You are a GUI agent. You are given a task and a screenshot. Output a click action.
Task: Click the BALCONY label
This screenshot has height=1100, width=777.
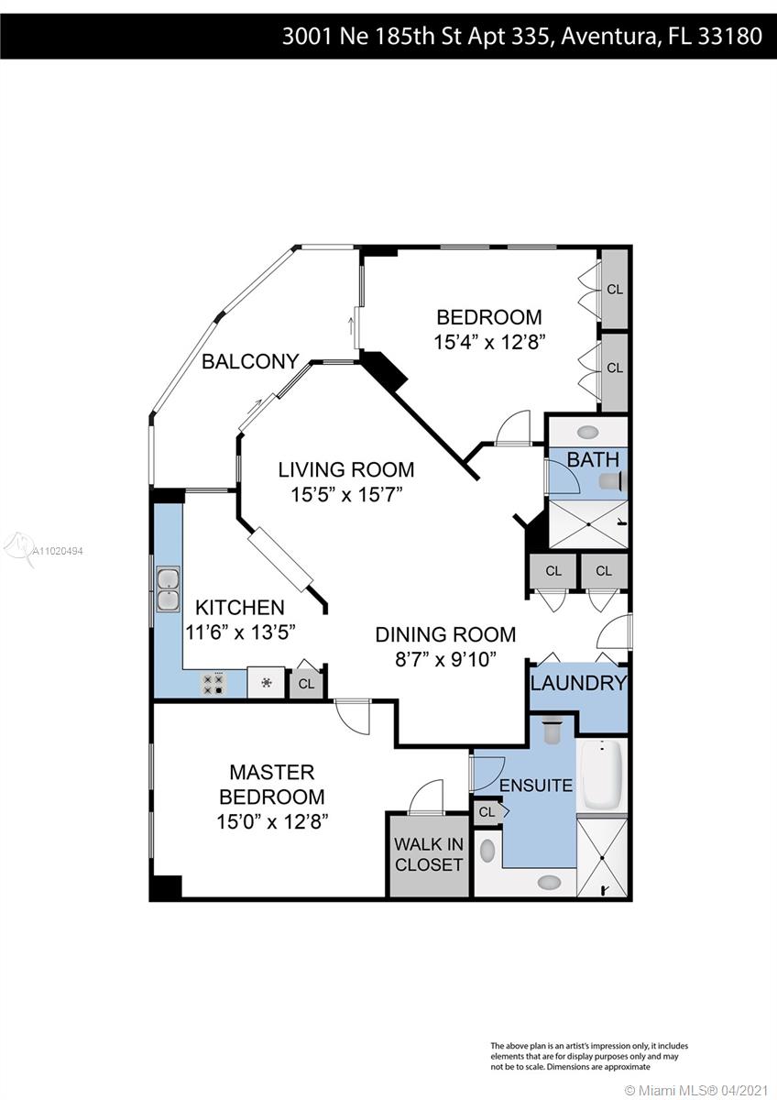(x=250, y=361)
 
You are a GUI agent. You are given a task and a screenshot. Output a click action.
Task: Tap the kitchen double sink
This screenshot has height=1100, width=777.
(x=168, y=588)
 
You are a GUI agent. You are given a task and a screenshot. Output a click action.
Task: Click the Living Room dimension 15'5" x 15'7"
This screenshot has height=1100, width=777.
(x=346, y=494)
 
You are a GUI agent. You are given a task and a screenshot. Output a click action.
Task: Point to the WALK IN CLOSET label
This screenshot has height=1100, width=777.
(x=429, y=854)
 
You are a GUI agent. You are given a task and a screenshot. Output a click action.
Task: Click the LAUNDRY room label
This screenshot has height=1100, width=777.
(x=579, y=683)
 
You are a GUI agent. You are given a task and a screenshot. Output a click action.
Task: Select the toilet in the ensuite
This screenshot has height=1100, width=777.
(x=553, y=731)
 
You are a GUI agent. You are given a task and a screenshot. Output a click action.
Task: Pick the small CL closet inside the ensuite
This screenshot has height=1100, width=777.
(x=487, y=812)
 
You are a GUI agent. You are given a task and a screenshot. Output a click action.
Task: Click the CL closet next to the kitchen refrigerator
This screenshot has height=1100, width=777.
(x=306, y=684)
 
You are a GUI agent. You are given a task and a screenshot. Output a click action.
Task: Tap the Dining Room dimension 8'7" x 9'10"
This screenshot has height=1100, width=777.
(x=445, y=659)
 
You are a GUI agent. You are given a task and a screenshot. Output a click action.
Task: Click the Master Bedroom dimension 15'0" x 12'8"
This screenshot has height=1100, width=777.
(x=272, y=821)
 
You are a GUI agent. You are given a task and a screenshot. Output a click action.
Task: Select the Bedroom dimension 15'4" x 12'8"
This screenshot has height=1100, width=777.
(x=489, y=342)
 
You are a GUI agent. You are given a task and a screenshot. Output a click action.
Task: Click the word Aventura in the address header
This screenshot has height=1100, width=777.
(x=608, y=37)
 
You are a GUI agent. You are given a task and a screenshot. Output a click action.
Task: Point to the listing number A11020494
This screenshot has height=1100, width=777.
(x=58, y=552)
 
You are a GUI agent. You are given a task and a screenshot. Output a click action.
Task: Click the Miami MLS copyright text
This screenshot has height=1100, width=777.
(x=696, y=1088)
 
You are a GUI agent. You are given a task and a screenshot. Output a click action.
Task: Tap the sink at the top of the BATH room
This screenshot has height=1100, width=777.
(x=587, y=433)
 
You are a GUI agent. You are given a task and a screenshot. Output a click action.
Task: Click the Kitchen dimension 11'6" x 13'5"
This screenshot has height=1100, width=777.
(x=240, y=632)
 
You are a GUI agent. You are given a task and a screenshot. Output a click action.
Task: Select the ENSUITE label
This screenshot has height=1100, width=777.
(x=536, y=786)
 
